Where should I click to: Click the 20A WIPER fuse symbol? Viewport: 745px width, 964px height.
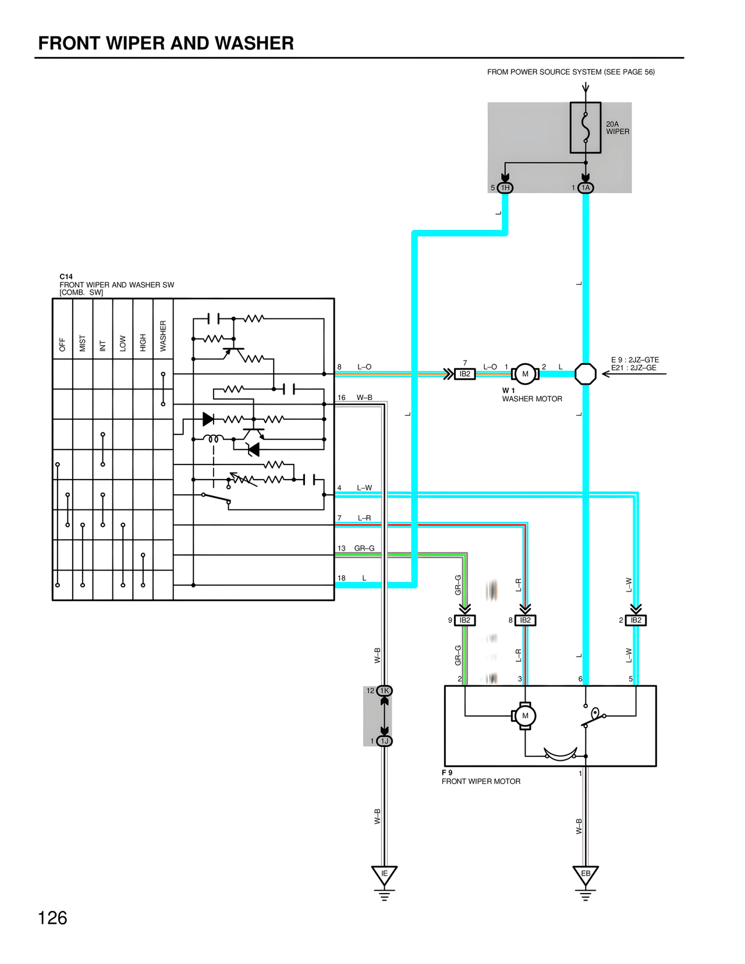(586, 127)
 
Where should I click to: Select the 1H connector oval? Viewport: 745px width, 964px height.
(505, 187)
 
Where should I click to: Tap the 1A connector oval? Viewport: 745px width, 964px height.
(586, 187)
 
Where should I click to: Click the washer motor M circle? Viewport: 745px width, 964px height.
(525, 374)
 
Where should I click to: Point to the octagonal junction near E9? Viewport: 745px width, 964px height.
(586, 374)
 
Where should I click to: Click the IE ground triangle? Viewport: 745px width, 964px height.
(384, 875)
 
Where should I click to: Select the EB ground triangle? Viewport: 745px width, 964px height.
(586, 875)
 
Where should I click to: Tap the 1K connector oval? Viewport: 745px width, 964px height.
(385, 691)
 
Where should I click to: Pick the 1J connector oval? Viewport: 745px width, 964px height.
(385, 741)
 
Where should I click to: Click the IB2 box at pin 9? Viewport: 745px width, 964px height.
(464, 621)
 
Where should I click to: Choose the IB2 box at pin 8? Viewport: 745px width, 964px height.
(525, 621)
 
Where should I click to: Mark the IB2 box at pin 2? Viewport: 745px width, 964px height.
(636, 621)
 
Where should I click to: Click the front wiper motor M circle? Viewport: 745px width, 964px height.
(525, 716)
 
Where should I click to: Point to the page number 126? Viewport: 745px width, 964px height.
(52, 918)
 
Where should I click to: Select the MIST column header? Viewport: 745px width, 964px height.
(83, 343)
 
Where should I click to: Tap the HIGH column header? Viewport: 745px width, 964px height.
(143, 342)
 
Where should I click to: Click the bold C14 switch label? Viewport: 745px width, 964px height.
(66, 277)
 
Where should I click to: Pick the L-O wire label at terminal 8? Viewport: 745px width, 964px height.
(364, 367)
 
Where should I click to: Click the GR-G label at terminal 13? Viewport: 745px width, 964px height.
(364, 548)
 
